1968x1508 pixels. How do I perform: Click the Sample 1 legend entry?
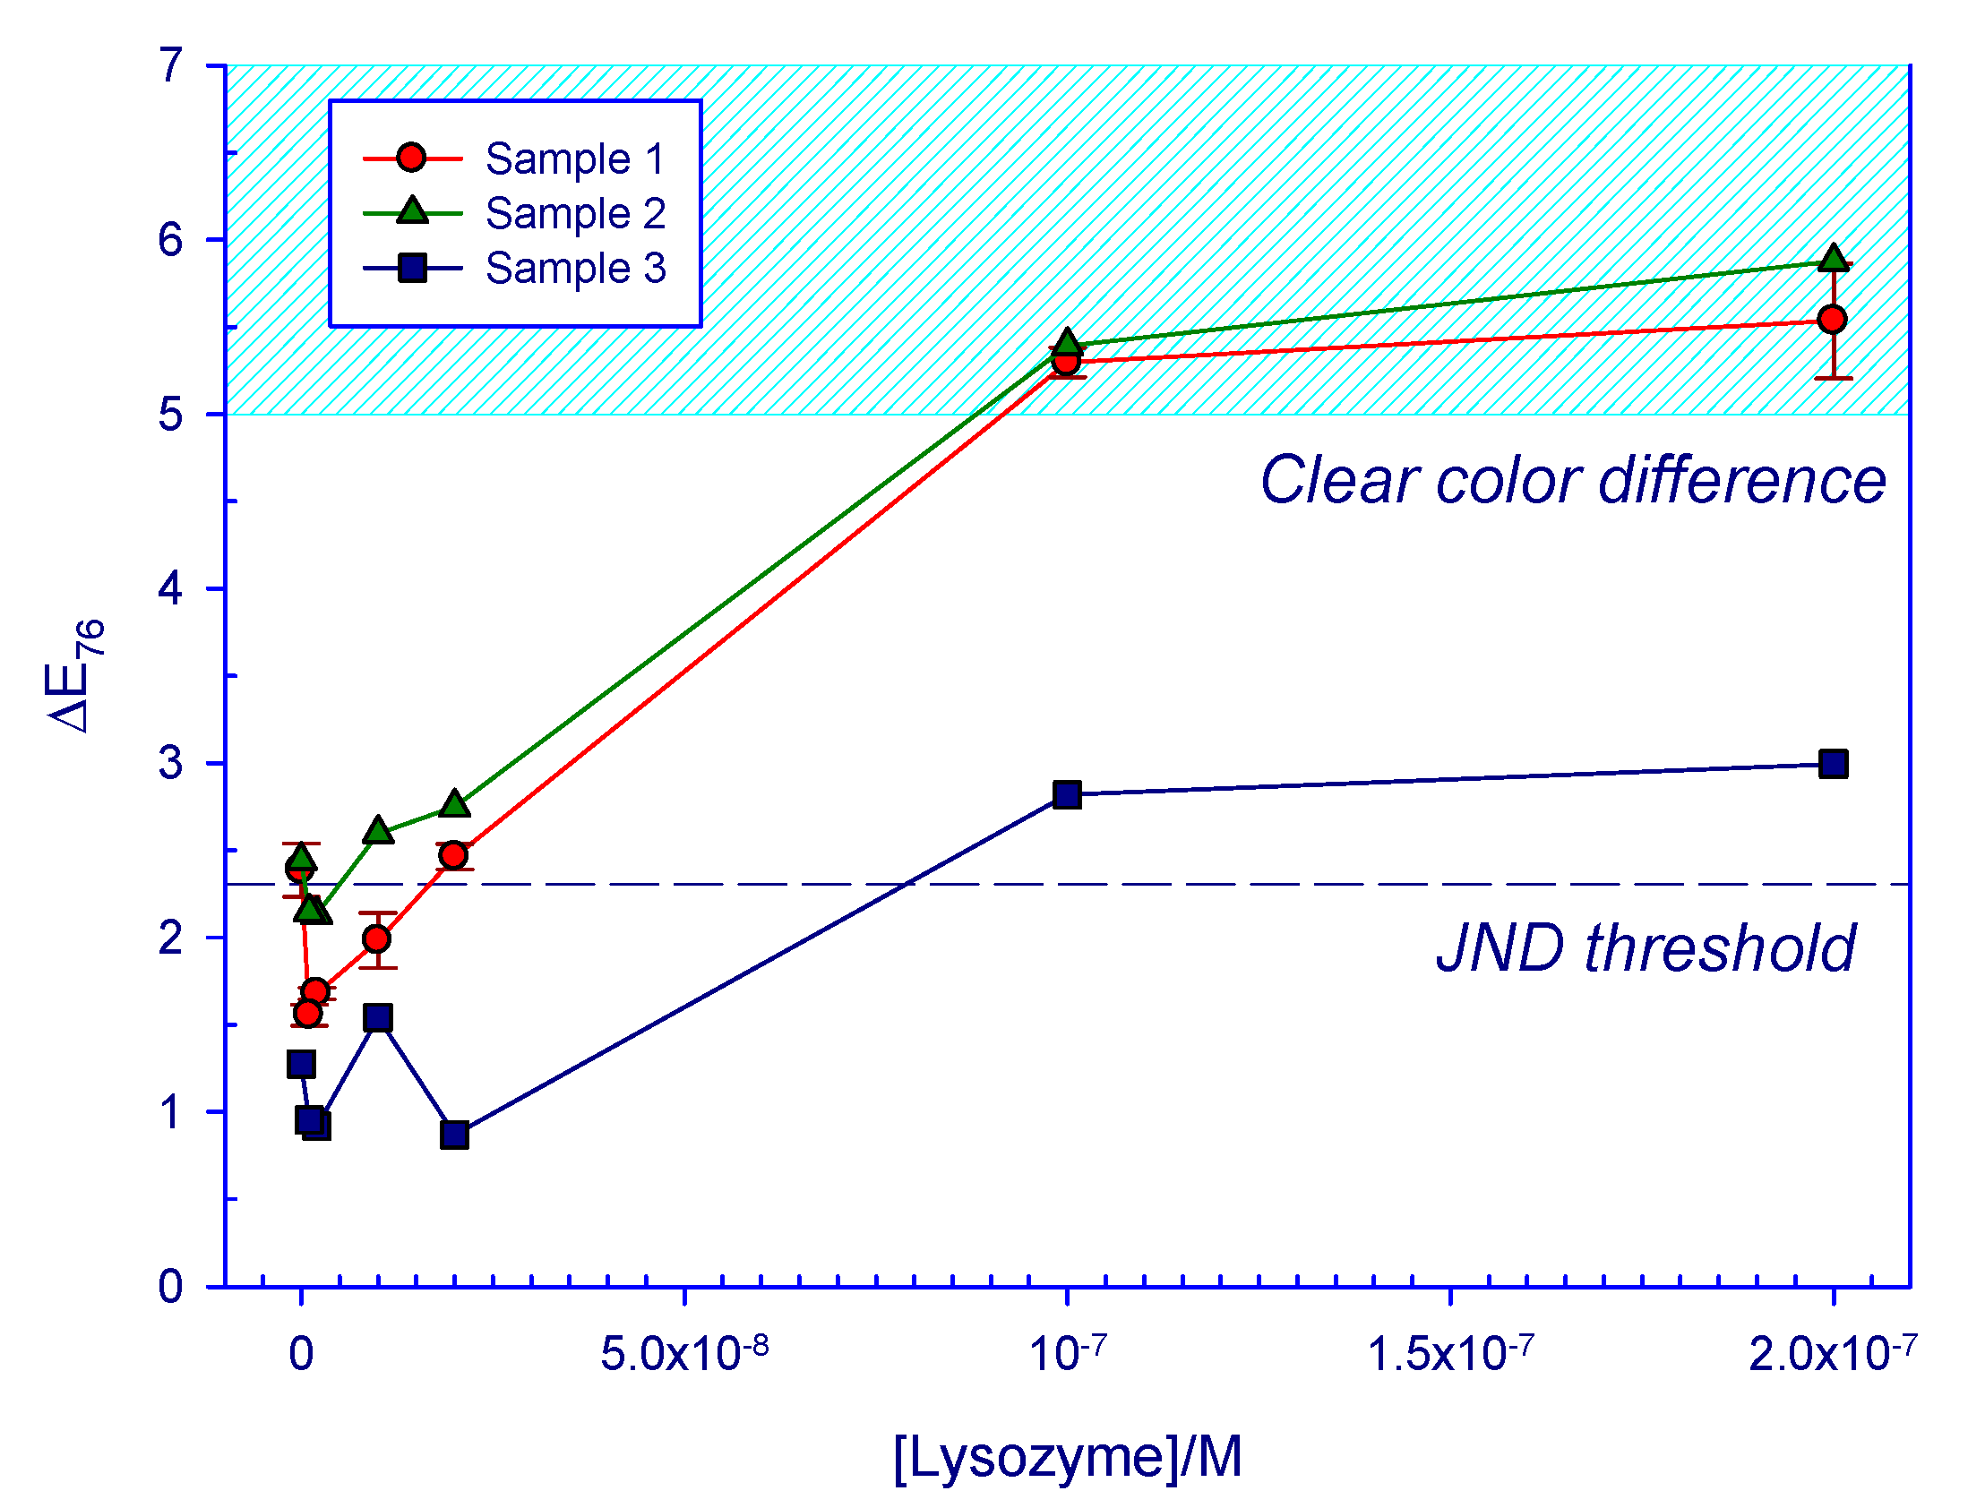click(574, 159)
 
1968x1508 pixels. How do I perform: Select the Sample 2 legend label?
click(574, 214)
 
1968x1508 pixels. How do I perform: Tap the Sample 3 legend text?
click(574, 269)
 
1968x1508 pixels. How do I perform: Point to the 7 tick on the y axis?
click(170, 65)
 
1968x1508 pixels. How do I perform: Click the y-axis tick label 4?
click(170, 589)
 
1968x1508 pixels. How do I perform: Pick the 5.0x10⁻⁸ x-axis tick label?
click(684, 1353)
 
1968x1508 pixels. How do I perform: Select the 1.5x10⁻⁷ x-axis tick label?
click(1449, 1353)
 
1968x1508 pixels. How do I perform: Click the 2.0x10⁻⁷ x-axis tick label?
click(1832, 1353)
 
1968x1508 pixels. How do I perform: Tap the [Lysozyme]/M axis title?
click(1068, 1455)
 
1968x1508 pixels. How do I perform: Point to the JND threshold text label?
click(1645, 948)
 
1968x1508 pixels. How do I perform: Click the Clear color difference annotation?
click(1572, 480)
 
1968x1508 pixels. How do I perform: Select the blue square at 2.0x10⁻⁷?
click(1833, 764)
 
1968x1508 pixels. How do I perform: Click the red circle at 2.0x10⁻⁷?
click(1832, 320)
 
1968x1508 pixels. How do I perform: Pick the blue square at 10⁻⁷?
click(1067, 794)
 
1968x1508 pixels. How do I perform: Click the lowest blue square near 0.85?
click(454, 1135)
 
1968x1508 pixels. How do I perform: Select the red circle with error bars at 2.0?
click(377, 938)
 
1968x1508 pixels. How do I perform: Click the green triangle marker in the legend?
click(412, 212)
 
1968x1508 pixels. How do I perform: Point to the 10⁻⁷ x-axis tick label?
click(1067, 1353)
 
